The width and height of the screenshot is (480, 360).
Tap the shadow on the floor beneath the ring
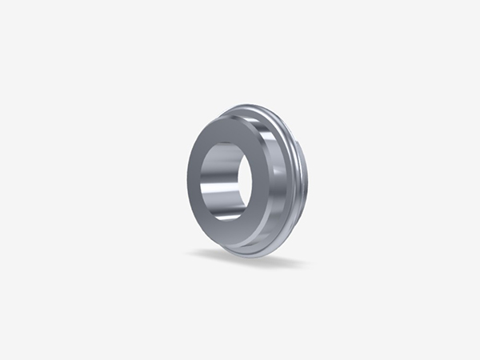pos(240,258)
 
